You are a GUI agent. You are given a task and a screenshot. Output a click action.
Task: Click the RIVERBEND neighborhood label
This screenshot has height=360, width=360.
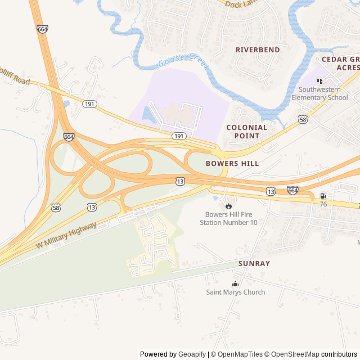pos(258,49)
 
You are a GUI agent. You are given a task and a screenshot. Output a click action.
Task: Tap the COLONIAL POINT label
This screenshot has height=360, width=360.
pos(247,132)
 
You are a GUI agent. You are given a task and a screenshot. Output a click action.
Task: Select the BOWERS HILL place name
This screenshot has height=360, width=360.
pos(232,163)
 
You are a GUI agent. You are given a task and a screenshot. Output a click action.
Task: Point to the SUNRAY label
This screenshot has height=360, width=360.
pos(254,263)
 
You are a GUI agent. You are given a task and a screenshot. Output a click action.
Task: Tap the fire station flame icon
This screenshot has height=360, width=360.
pos(228,205)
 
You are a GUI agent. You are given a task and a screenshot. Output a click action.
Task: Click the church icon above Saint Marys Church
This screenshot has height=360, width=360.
pos(235,283)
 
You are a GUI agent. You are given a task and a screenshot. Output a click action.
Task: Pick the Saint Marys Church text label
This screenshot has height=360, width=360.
pos(235,292)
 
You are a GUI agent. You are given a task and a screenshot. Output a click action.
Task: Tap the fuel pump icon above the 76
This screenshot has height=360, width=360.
pos(323,196)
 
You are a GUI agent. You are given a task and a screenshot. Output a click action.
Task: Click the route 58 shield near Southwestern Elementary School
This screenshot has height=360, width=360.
pos(303,119)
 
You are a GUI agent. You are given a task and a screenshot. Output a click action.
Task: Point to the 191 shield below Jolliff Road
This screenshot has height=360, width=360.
pos(89,104)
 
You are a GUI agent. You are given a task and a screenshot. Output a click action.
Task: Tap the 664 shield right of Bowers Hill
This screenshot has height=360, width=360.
pos(292,190)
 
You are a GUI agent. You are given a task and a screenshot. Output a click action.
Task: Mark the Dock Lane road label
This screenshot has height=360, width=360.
pos(240,4)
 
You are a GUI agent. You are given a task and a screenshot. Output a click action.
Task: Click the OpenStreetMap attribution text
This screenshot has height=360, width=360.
pos(292,354)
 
